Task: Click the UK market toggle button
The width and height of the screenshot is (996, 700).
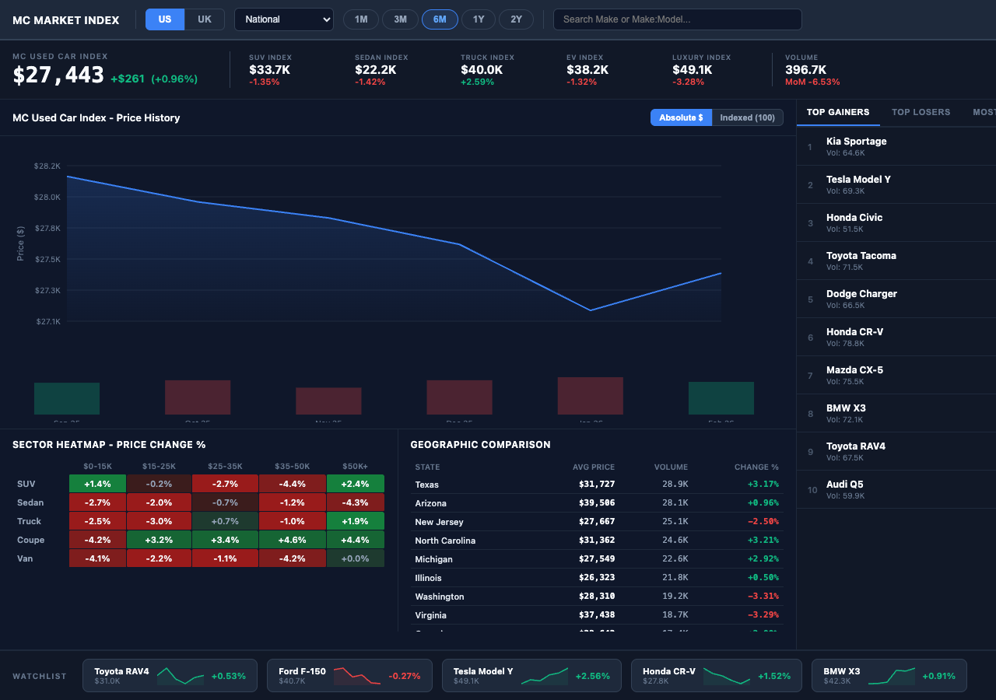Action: point(204,19)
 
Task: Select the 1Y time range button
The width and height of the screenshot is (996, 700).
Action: point(478,19)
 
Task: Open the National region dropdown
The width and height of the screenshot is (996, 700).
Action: point(283,19)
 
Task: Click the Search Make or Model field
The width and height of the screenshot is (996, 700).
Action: point(677,19)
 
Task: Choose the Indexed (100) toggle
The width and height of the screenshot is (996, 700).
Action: point(747,117)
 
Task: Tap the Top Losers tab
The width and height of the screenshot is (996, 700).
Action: point(921,112)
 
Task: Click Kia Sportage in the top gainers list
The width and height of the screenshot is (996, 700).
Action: point(856,142)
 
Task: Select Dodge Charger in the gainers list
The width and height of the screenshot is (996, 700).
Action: point(861,294)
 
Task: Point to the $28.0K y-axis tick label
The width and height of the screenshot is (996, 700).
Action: point(47,198)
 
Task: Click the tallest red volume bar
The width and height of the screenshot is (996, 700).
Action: point(590,396)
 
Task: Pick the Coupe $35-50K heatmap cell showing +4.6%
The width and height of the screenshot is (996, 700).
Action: point(292,540)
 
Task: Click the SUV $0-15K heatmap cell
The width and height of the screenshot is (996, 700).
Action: point(97,484)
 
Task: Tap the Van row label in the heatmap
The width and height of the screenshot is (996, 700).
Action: point(25,558)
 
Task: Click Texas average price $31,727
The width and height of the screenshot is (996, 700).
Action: point(596,485)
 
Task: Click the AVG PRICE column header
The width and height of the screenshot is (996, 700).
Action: point(593,467)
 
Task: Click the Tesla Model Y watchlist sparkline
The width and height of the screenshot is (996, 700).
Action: point(544,676)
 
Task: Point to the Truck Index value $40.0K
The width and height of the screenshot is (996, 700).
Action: point(482,70)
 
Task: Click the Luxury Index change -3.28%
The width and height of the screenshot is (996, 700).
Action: point(688,82)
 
